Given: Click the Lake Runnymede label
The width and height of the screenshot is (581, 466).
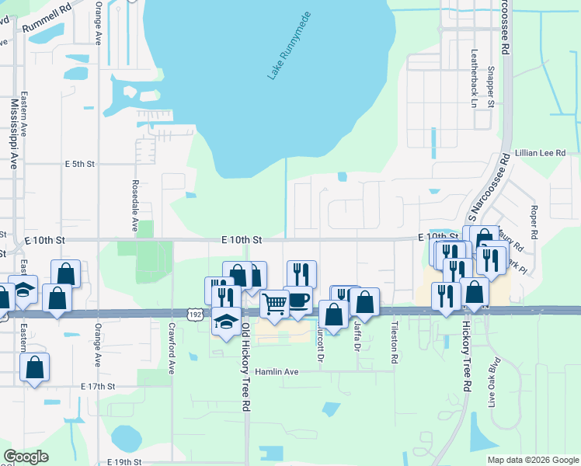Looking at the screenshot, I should pyautogui.click(x=289, y=46).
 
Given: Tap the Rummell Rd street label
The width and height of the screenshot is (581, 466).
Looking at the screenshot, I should pyautogui.click(x=46, y=19).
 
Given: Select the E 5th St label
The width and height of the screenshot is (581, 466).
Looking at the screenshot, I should pyautogui.click(x=79, y=164).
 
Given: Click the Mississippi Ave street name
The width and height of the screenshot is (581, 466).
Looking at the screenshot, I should pyautogui.click(x=13, y=134).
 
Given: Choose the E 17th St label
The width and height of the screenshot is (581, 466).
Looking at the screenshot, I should pyautogui.click(x=98, y=386).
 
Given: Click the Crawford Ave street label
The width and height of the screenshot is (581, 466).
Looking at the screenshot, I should pyautogui.click(x=172, y=348).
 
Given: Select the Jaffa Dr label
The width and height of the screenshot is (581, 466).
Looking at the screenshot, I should pyautogui.click(x=357, y=336).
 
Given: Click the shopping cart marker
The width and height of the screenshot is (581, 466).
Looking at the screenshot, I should pyautogui.click(x=275, y=304).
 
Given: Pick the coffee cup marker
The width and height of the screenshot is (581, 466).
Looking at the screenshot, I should pyautogui.click(x=297, y=300).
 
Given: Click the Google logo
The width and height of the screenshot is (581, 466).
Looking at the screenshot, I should pyautogui.click(x=26, y=457).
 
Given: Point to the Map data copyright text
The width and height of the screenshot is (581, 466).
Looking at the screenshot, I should pyautogui.click(x=532, y=460).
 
